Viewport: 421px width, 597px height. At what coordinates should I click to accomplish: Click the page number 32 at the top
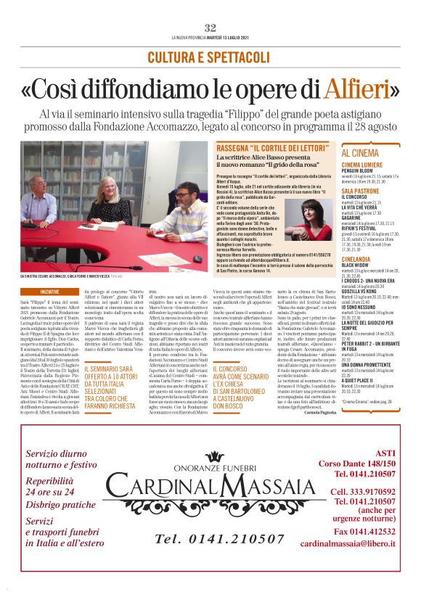point(210,28)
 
